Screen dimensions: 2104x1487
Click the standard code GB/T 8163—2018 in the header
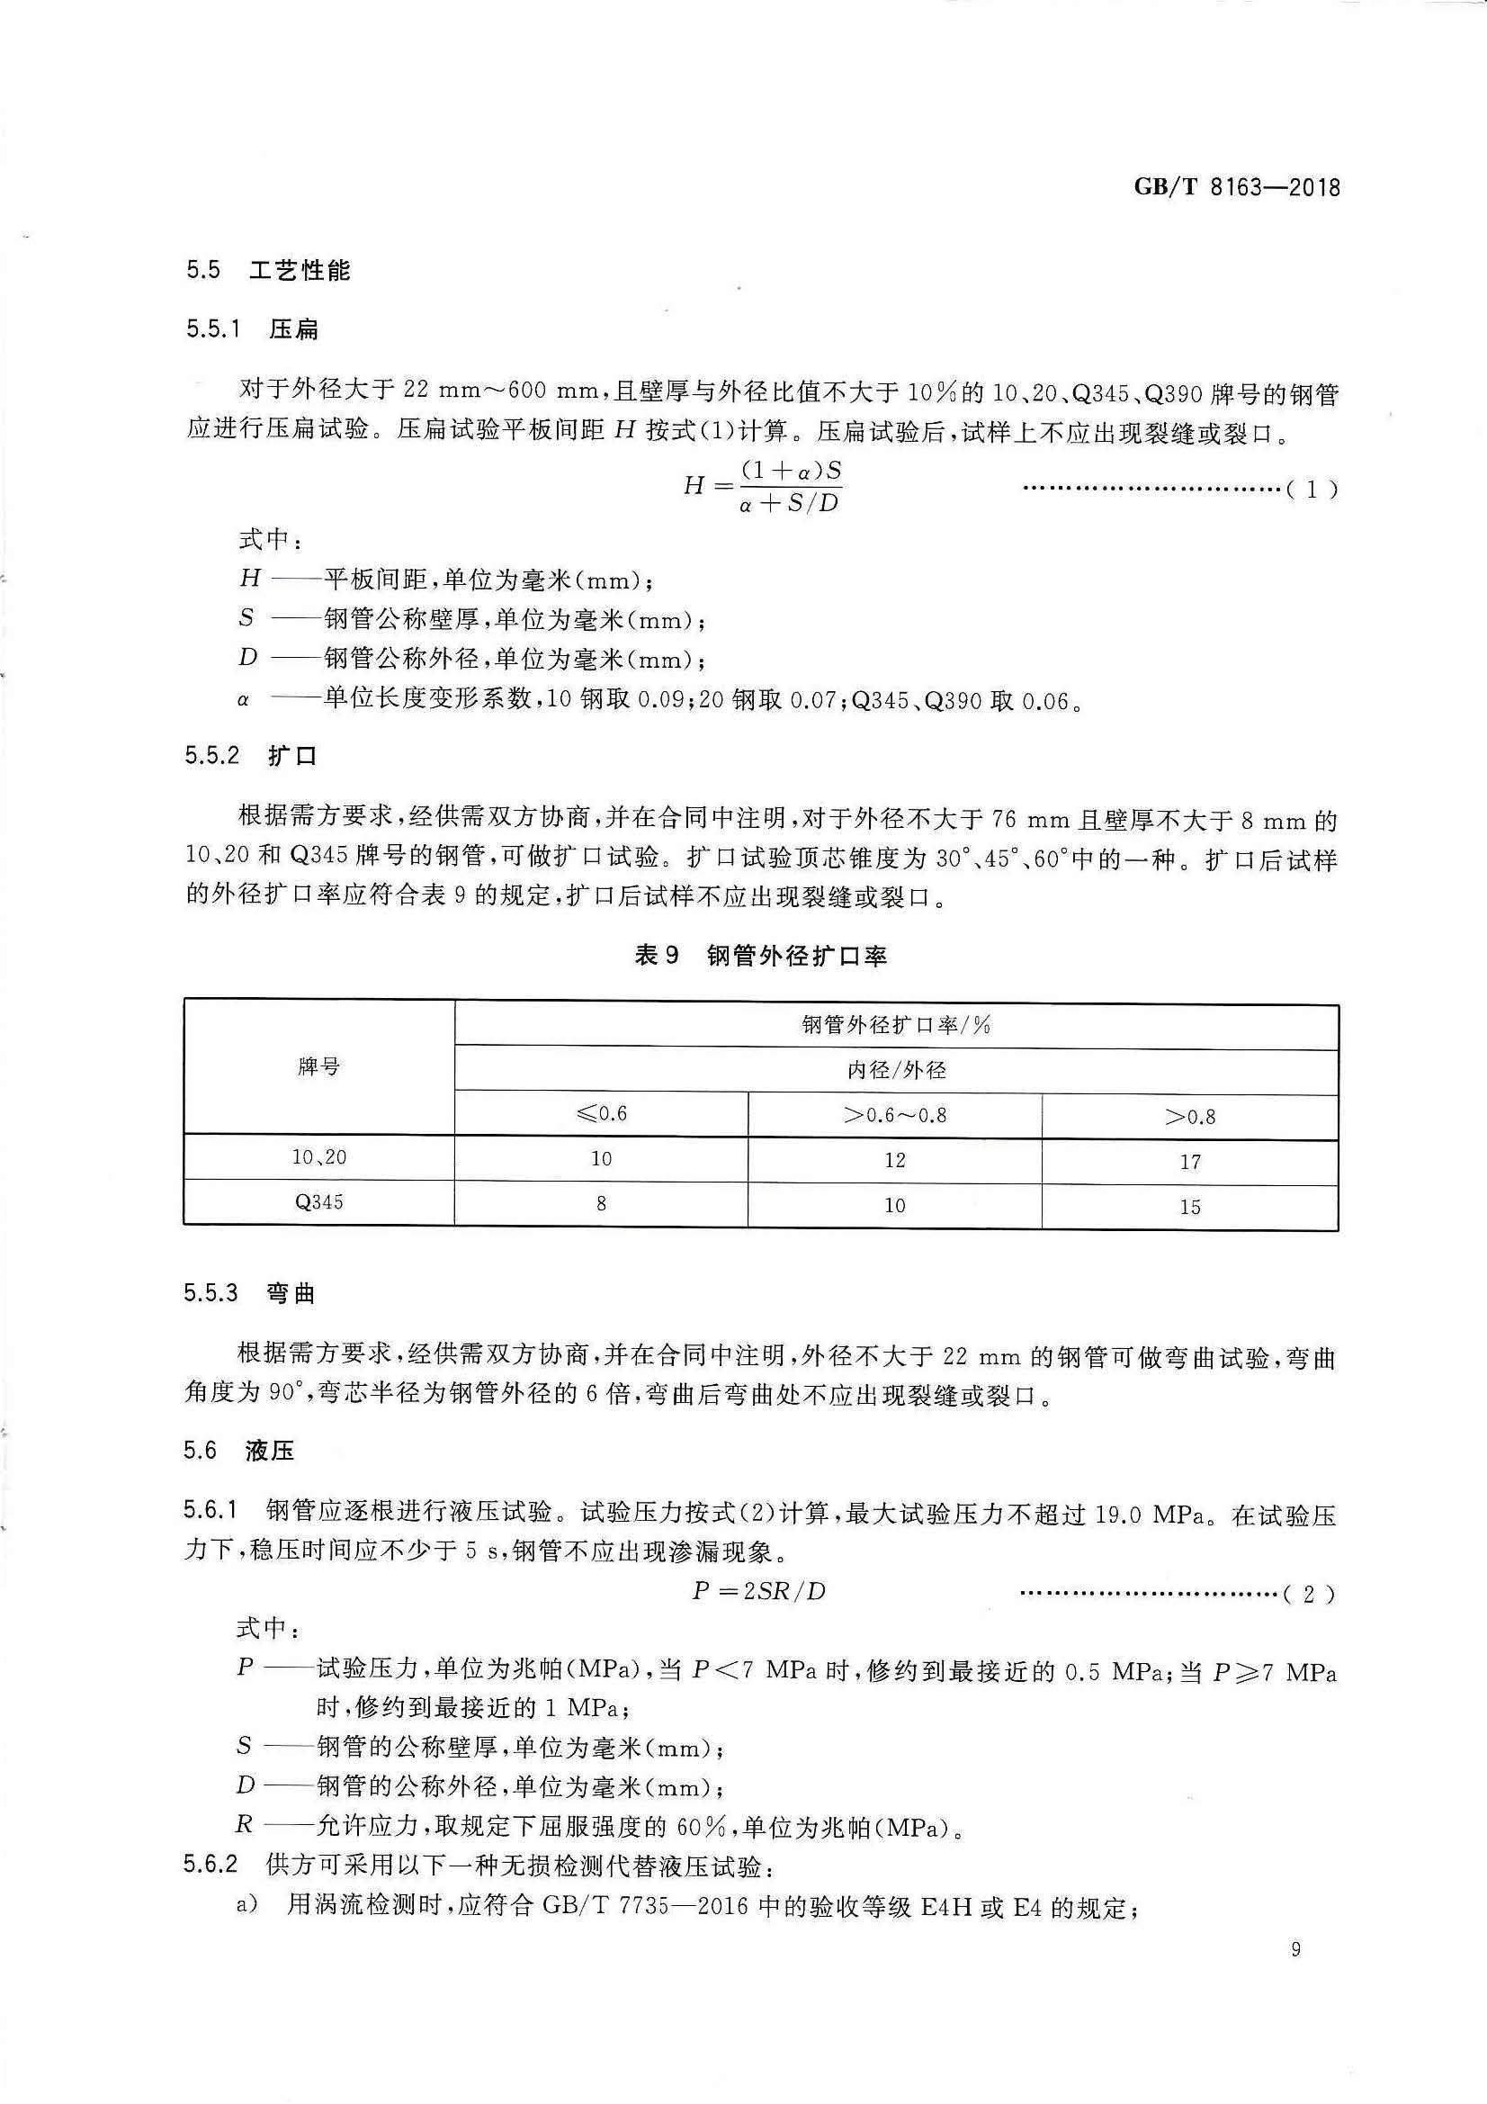[1236, 188]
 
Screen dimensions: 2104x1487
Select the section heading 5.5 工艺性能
[267, 270]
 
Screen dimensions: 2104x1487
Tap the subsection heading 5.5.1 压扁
[252, 329]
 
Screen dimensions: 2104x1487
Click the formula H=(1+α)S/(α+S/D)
[762, 487]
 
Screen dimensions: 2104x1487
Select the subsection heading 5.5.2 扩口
[251, 756]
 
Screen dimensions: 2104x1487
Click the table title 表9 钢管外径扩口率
[760, 956]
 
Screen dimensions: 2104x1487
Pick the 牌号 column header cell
[318, 1066]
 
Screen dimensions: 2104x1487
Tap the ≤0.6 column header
[601, 1114]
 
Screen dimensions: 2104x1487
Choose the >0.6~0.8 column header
[894, 1115]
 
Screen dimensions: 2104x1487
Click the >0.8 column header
[1189, 1116]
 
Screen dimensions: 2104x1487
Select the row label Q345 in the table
[318, 1201]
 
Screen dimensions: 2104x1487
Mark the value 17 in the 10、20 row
[1189, 1162]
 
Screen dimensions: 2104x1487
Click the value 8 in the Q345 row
[601, 1203]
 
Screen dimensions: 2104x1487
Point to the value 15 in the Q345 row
[1189, 1207]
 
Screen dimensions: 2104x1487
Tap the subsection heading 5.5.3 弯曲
[249, 1293]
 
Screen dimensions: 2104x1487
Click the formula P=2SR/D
[758, 1592]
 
